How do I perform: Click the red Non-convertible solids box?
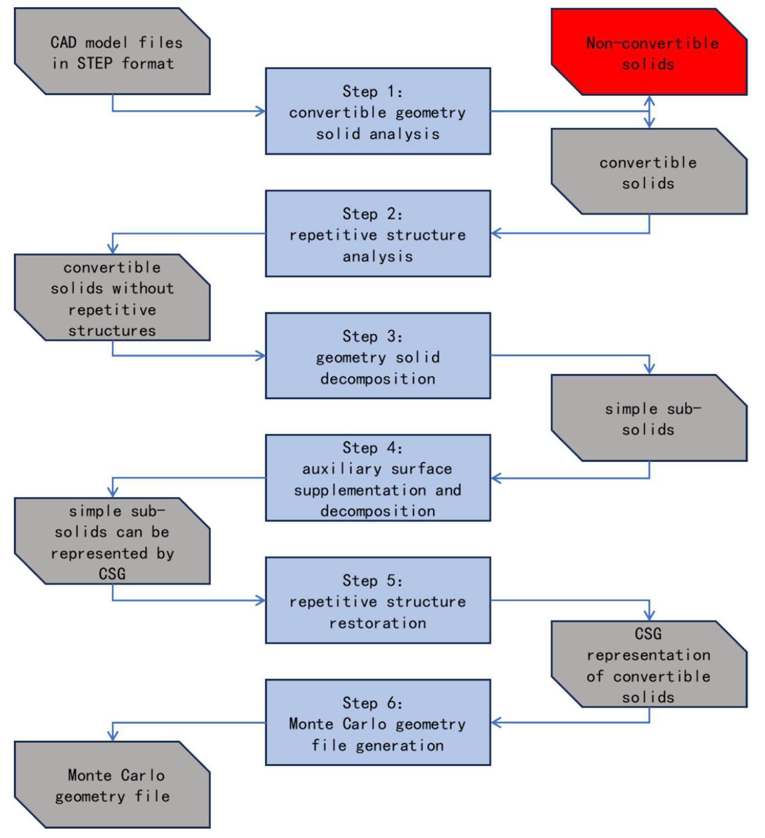click(649, 52)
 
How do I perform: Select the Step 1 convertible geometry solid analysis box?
click(378, 112)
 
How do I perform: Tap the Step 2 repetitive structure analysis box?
click(378, 234)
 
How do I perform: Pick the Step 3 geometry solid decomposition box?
click(378, 356)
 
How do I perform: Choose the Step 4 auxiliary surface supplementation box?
click(378, 478)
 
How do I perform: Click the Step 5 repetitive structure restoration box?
click(378, 600)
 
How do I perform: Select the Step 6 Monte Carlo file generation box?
click(378, 723)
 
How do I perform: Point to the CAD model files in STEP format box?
click(112, 51)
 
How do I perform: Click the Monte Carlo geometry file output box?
click(112, 785)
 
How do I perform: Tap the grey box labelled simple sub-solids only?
click(649, 418)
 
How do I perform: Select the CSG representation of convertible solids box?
click(649, 664)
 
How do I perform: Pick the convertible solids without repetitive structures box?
click(112, 297)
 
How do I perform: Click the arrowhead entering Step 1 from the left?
click(261, 111)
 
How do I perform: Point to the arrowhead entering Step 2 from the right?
click(496, 233)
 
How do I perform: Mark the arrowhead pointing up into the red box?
click(650, 101)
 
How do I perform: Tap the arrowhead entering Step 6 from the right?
click(496, 723)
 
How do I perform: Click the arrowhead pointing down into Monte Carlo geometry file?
click(112, 736)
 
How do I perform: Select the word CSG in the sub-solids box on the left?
click(112, 573)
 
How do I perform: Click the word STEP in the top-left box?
click(95, 64)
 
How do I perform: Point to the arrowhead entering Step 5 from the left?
click(261, 600)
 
